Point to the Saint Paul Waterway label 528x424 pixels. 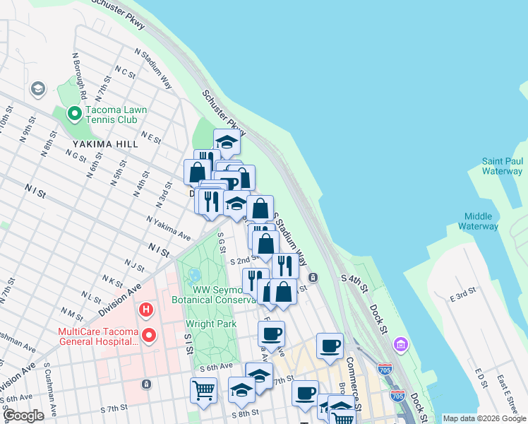[502, 166]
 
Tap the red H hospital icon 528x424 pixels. [146, 310]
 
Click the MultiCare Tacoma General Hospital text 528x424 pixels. [99, 336]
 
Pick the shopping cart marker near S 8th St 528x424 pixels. [203, 390]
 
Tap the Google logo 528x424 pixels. [23, 416]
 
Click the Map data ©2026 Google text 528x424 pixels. [484, 418]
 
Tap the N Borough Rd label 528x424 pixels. [79, 74]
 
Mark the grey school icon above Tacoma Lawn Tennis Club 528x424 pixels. [37, 89]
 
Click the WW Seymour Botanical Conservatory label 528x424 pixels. [212, 294]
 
